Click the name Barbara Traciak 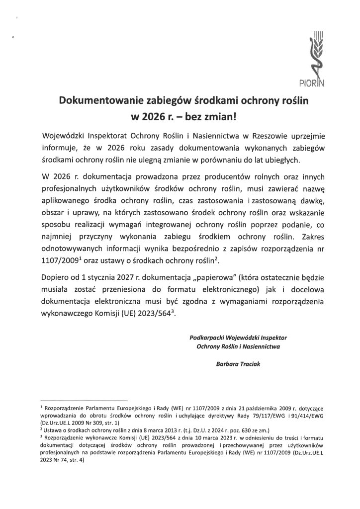(x=238, y=363)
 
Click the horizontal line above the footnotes (x=84, y=400)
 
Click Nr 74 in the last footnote (x=55, y=460)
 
